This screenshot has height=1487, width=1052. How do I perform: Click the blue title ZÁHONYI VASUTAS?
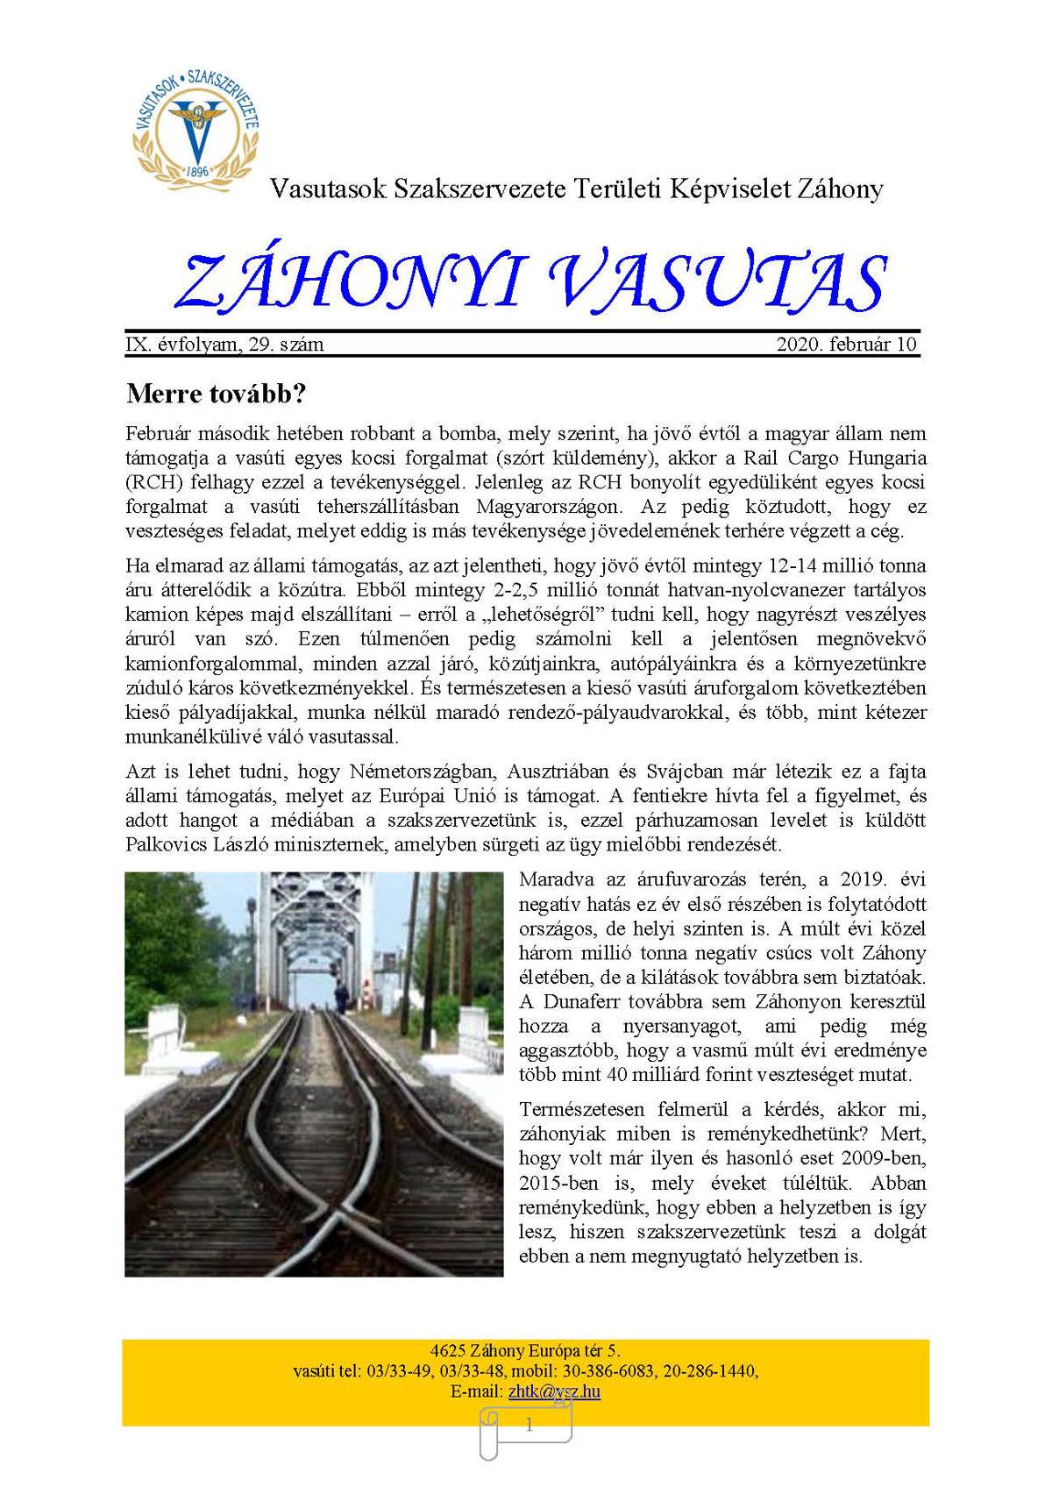[530, 282]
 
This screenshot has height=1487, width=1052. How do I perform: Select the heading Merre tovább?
[216, 393]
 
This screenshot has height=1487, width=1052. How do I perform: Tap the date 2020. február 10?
[846, 344]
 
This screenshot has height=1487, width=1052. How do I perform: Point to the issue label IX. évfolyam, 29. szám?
[225, 344]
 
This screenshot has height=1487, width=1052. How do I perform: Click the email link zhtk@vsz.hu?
[554, 1391]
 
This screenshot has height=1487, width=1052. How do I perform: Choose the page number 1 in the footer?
[529, 1426]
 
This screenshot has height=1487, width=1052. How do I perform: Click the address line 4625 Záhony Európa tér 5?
[525, 1350]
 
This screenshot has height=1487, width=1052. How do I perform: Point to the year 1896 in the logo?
[196, 172]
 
